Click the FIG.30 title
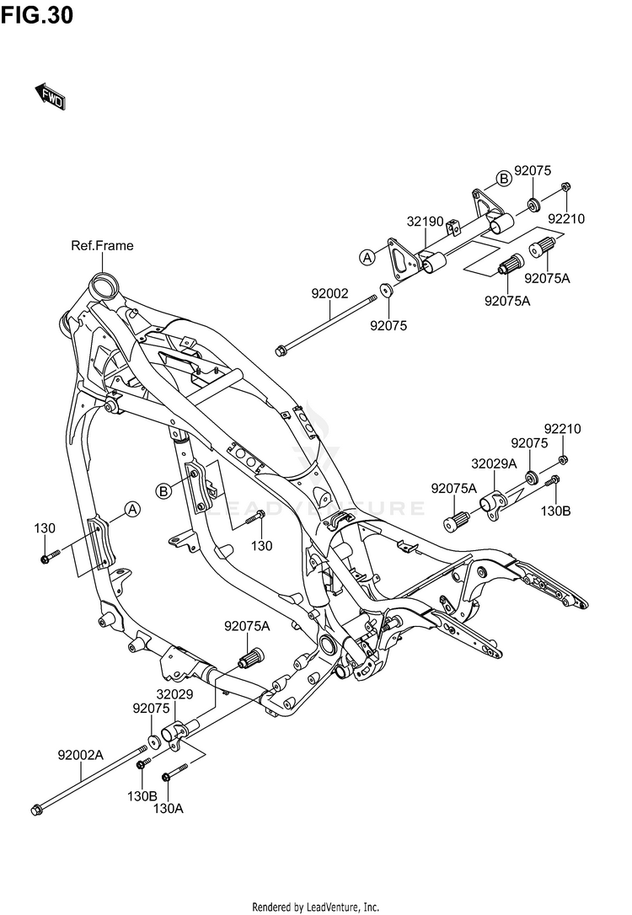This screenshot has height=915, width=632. (37, 14)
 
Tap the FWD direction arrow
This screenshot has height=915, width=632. (51, 97)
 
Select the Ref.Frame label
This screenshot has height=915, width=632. (102, 246)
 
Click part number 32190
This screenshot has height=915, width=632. (426, 222)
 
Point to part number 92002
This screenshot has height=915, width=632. (329, 294)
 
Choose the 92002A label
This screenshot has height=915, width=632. (81, 755)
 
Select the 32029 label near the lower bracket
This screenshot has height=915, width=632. (174, 694)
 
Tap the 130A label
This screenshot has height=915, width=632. (168, 809)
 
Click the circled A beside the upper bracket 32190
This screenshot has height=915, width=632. (367, 257)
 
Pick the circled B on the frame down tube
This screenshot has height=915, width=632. (164, 491)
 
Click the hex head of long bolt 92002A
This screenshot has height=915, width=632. (36, 810)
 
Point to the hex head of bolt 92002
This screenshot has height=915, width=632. (281, 350)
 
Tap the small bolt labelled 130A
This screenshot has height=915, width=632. (174, 771)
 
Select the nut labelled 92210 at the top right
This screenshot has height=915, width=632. (565, 187)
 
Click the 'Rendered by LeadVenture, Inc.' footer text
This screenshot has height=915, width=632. (316, 907)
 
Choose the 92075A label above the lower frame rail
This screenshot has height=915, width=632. (248, 626)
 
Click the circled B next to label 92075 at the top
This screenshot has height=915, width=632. (504, 179)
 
